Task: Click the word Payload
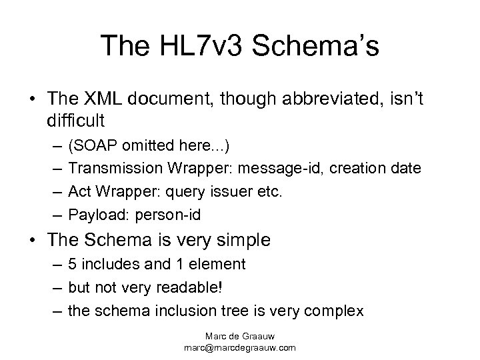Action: [93, 215]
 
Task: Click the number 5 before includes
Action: [73, 264]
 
